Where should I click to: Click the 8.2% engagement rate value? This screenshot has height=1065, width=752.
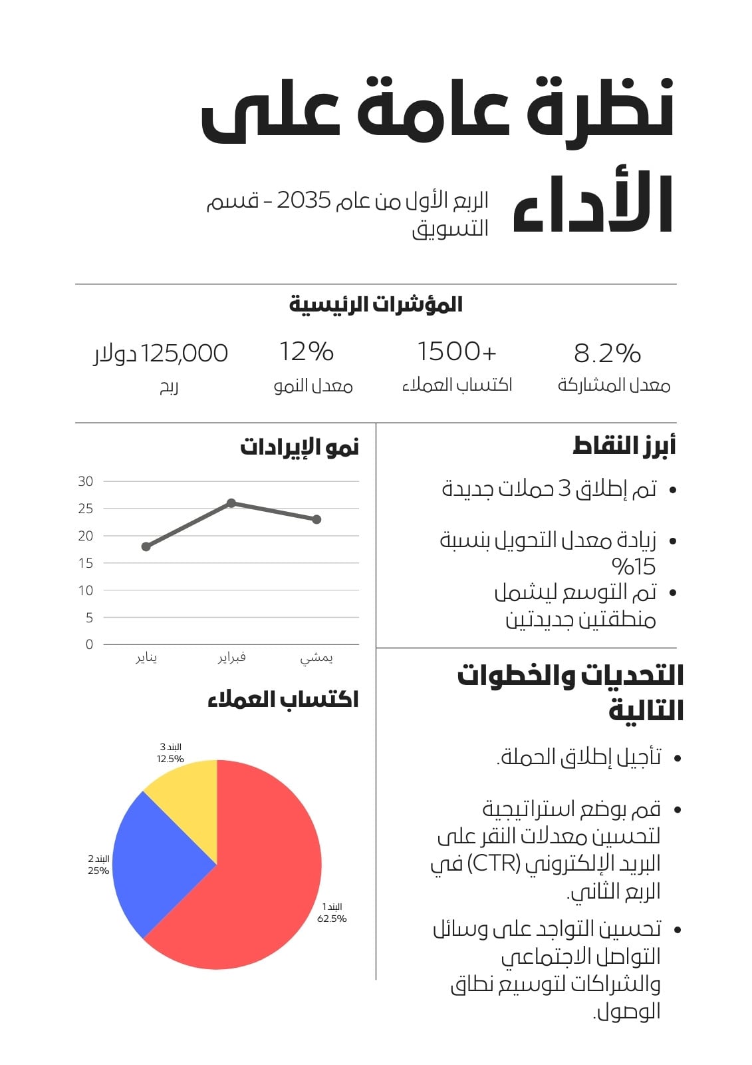click(x=607, y=353)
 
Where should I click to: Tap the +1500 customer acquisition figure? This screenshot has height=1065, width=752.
click(x=457, y=351)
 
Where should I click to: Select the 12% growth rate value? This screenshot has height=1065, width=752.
click(x=307, y=351)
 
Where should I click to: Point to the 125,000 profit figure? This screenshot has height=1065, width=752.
click(x=184, y=353)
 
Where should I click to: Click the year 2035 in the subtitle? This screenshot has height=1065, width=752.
click(x=304, y=200)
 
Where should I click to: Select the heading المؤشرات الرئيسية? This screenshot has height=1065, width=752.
click(x=376, y=304)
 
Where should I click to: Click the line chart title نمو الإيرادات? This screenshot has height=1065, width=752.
click(x=299, y=447)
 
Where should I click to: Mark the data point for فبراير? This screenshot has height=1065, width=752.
click(x=231, y=503)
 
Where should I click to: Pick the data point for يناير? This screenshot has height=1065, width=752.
click(x=146, y=546)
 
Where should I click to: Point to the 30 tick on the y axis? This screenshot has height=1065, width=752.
click(x=86, y=481)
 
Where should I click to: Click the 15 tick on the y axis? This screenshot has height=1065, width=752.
click(x=86, y=563)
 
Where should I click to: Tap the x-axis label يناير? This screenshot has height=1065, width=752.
click(x=146, y=658)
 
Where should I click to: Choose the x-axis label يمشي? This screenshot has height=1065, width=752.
click(x=316, y=658)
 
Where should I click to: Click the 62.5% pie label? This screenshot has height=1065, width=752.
click(x=332, y=919)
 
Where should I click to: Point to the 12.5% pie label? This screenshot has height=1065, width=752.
click(x=170, y=759)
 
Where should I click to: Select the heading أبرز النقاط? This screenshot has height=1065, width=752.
click(x=624, y=446)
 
